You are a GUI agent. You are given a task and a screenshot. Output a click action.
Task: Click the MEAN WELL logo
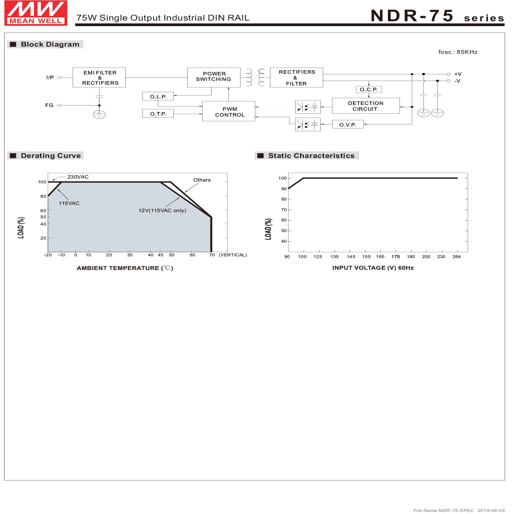[x=36, y=13]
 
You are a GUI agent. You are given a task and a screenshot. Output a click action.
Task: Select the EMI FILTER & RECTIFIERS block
[x=99, y=77]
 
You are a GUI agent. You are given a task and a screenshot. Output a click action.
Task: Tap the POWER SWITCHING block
[x=213, y=77]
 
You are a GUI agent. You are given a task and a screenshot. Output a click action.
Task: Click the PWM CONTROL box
[x=229, y=111]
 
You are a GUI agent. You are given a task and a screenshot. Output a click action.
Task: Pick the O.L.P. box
[x=158, y=97]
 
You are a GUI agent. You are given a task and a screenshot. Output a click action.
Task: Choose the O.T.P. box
[x=158, y=113]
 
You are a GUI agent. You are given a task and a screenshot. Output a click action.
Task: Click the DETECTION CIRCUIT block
[x=365, y=106]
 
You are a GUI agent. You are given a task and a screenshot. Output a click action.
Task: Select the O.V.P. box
[x=347, y=125]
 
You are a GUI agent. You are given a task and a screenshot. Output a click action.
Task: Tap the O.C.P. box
[x=368, y=89]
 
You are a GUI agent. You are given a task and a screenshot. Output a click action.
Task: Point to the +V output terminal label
[x=457, y=74]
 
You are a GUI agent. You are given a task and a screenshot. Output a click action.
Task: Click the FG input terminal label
[x=49, y=105]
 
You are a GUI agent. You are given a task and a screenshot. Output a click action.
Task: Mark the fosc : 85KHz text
[x=457, y=52]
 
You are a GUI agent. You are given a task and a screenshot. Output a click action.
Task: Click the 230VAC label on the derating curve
[x=78, y=177]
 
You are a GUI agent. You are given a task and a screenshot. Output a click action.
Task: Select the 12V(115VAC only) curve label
[x=162, y=210]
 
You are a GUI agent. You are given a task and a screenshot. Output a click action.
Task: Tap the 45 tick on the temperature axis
[x=160, y=255]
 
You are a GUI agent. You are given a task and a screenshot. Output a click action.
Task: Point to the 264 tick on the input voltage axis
[x=456, y=257]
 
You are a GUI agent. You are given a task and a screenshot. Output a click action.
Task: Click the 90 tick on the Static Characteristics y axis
[x=284, y=189]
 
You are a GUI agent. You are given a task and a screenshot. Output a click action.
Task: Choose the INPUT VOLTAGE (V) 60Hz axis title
[x=372, y=268]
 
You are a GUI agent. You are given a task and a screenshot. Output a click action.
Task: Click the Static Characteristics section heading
[x=311, y=156]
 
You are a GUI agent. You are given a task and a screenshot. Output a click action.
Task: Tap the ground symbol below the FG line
[x=99, y=114]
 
